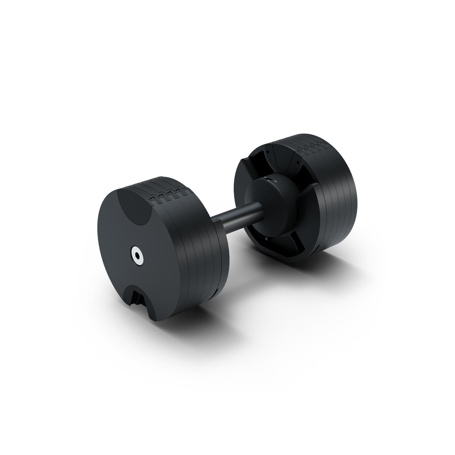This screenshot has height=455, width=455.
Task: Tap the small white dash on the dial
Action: click(276, 181)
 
